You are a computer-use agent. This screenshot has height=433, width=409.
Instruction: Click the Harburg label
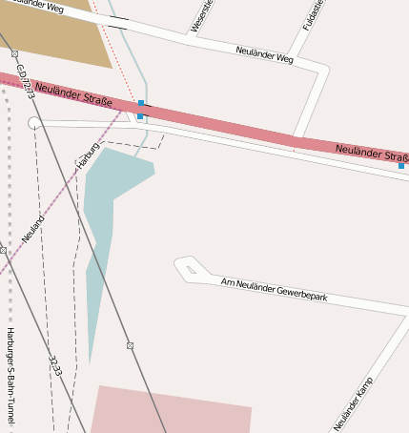click(88, 154)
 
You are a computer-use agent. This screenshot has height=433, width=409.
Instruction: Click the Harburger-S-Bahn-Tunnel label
click(10, 373)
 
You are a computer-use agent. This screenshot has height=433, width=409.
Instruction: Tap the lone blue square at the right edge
click(401, 166)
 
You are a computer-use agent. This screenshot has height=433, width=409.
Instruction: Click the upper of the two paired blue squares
click(142, 102)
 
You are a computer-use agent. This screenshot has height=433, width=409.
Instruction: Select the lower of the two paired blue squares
click(140, 116)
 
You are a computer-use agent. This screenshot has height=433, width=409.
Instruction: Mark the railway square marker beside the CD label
click(14, 53)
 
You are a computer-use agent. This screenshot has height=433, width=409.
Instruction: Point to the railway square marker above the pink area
click(130, 345)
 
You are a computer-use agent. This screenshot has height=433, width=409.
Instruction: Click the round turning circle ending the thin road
click(34, 122)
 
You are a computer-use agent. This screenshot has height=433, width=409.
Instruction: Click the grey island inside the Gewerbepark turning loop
click(192, 270)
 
